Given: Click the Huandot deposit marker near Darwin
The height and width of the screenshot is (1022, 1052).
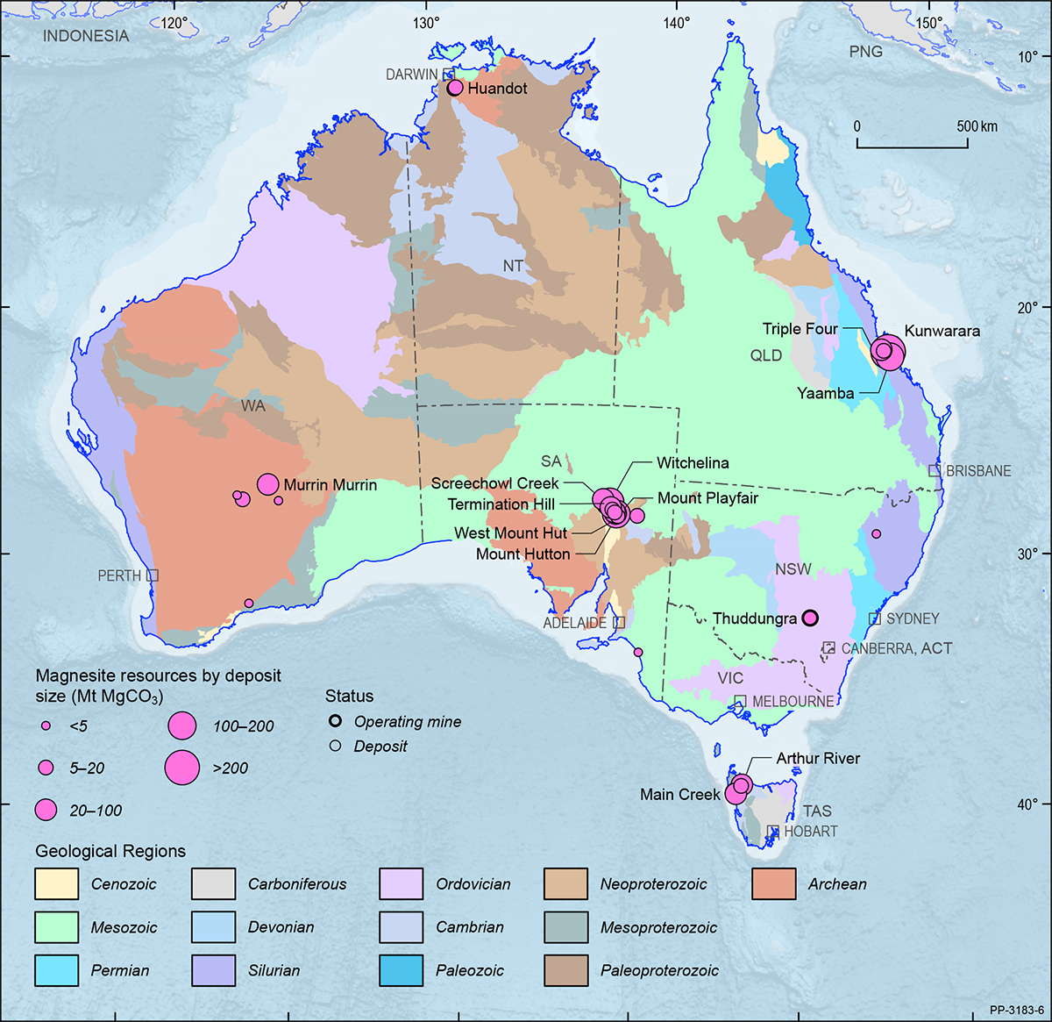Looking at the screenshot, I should point(454,88).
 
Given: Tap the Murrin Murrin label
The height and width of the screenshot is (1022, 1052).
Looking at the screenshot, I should point(330,485).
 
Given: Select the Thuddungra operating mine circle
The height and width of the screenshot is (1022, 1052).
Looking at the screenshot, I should point(810,618).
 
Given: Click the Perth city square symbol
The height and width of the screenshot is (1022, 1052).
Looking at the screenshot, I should point(153,575).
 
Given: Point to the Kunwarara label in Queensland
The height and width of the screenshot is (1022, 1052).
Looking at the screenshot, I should point(942,332).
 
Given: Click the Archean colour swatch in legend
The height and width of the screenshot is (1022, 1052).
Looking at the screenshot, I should point(773,884).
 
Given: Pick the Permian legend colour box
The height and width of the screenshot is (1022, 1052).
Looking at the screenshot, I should point(57,970).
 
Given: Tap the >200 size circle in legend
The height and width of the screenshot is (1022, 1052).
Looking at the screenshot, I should point(181,768).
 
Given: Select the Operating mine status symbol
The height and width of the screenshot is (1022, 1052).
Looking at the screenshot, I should point(335,722).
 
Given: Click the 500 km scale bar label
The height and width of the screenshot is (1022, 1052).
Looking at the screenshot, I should point(977,126).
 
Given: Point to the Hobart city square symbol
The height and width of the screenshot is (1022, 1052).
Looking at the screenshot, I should point(773,831).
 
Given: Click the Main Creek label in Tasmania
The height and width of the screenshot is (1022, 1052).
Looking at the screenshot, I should point(679,795).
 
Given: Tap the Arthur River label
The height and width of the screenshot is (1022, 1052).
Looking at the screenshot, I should point(817,758).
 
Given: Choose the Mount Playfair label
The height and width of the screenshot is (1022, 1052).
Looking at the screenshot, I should point(707,498).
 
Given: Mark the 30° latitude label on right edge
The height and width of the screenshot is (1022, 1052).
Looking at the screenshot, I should point(1027,554).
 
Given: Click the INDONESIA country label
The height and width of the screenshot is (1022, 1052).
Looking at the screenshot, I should point(86,36).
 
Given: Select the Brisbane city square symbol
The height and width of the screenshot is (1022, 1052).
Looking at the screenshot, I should point(935,471).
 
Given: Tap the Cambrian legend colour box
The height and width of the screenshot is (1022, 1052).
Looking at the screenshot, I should point(402,927).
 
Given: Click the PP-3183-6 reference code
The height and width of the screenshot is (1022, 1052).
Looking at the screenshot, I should point(1016,1010).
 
